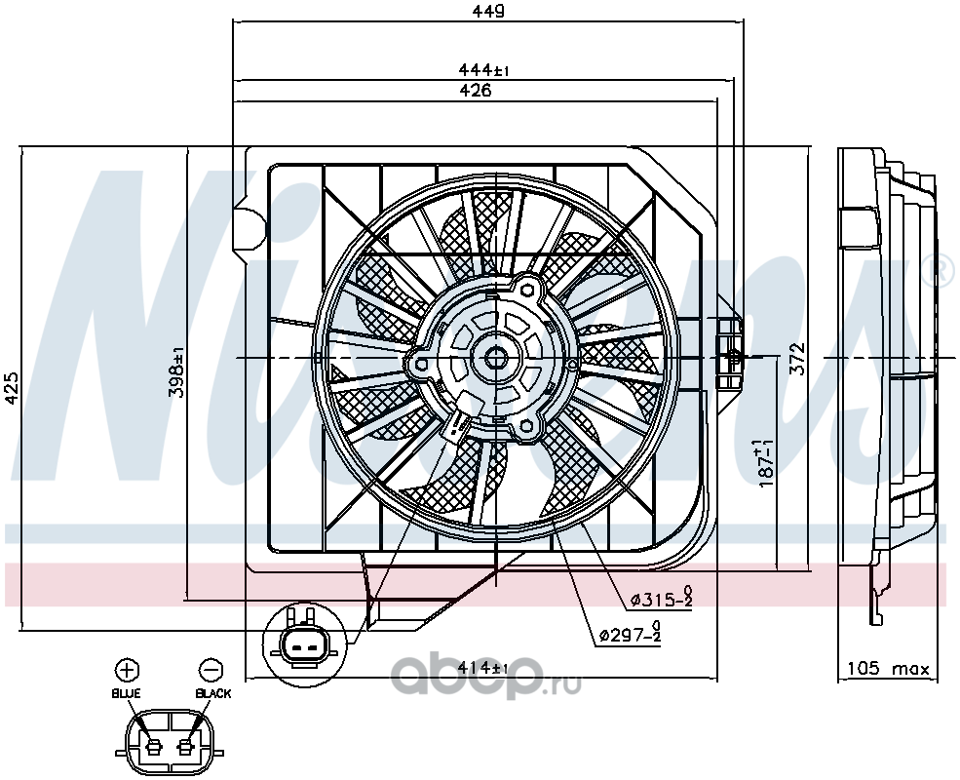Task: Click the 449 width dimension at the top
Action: pyautogui.click(x=488, y=11)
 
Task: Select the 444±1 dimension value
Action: pyautogui.click(x=483, y=70)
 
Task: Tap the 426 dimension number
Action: pyautogui.click(x=476, y=91)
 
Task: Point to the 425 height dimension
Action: pyautogui.click(x=12, y=388)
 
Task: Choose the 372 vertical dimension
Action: pyautogui.click(x=796, y=359)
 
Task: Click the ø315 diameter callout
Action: pyautogui.click(x=662, y=599)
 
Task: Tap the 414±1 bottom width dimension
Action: pyautogui.click(x=483, y=667)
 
